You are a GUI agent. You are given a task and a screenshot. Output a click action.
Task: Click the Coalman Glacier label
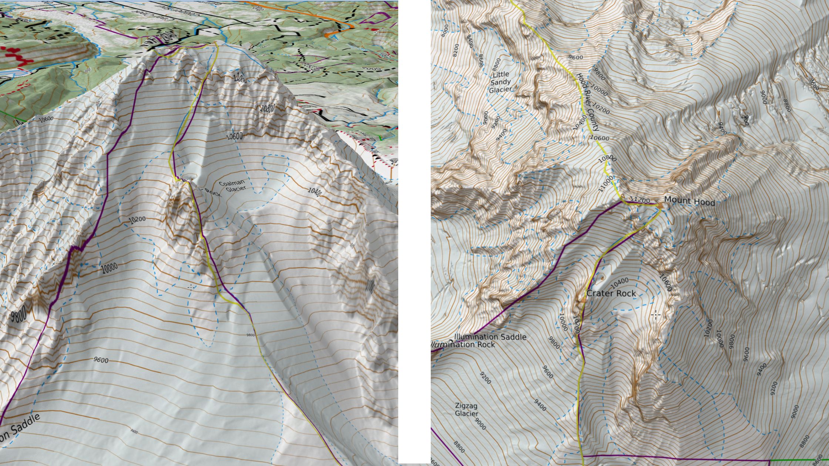pos(232,186)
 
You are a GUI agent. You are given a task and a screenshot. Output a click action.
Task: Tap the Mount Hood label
pos(689,201)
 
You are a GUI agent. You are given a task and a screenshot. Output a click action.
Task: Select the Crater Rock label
pos(611,293)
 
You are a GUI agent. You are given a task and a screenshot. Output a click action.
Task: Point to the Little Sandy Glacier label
pos(500,82)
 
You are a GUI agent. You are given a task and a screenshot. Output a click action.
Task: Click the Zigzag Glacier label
pos(466,409)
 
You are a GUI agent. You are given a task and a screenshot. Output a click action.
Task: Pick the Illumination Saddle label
pos(490,337)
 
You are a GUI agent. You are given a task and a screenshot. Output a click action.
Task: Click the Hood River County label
pos(588,102)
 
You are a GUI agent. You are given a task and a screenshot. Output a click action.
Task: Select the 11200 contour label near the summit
pos(640,200)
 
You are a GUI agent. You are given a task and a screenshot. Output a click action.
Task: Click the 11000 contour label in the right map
pos(606,184)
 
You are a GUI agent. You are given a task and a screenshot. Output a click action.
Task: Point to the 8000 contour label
pos(445,31)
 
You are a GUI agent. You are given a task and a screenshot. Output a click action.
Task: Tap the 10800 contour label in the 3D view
pos(267,108)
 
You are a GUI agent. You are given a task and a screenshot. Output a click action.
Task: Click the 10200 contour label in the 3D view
pos(137,220)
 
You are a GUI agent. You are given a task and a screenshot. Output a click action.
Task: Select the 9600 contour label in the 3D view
pos(101,360)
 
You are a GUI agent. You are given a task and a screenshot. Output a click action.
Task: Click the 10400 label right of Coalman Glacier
pos(315,191)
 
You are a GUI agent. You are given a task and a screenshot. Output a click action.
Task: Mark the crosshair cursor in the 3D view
pos(191,287)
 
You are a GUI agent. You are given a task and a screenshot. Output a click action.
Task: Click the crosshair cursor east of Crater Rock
pos(656,315)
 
